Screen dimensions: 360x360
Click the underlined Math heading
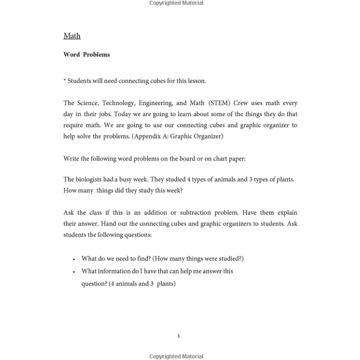coord(72,36)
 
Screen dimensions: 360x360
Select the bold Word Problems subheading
coord(87,55)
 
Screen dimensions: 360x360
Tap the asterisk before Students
coord(65,80)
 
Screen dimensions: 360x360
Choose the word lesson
coord(196,81)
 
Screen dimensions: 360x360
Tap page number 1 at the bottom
coord(179,336)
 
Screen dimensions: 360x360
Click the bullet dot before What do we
coord(74,259)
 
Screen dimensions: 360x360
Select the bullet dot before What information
coord(74,272)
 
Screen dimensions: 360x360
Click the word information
coord(114,271)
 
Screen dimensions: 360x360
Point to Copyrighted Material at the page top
coord(176,3)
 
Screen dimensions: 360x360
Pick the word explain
coord(286,212)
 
